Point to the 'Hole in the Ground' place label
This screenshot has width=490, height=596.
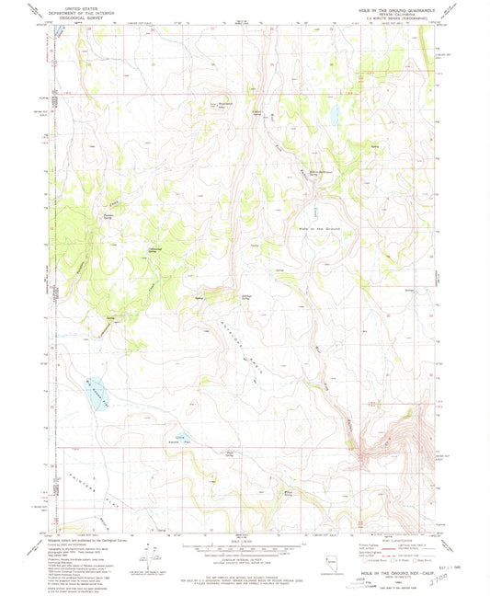tap(320, 227)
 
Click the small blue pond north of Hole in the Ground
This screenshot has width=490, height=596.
tap(336, 116)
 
